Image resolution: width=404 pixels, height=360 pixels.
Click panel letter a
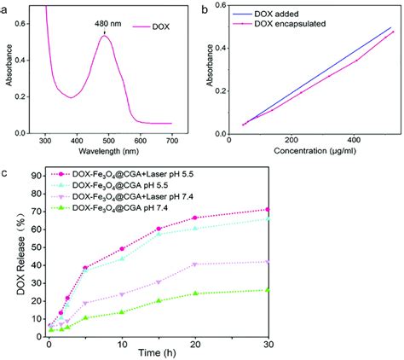[x=4, y=8]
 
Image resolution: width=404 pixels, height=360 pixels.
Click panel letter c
[x=4, y=174]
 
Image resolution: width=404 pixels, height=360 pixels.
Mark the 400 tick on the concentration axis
[x=354, y=140]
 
